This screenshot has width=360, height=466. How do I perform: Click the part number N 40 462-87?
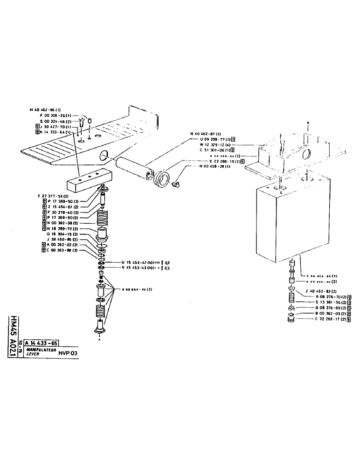[x=206, y=134]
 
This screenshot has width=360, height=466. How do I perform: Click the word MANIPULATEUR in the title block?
[x=41, y=349]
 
